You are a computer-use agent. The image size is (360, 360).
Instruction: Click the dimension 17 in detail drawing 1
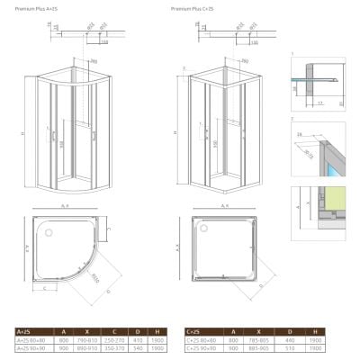320,103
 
